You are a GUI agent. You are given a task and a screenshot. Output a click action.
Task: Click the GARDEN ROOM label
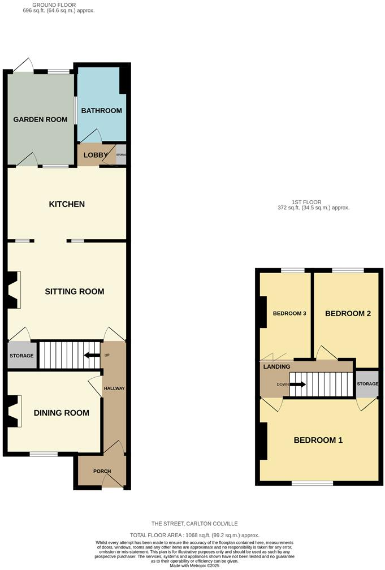[x=41, y=119]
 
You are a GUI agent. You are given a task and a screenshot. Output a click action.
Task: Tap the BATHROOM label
[x=101, y=110]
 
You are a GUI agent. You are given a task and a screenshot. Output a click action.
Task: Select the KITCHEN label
[x=67, y=204]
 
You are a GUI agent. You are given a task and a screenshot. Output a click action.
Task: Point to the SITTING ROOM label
[x=75, y=291]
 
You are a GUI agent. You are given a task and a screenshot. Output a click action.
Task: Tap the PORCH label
[x=102, y=471]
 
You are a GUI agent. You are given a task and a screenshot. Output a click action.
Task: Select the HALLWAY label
[x=114, y=388]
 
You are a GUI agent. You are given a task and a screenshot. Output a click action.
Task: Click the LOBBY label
[x=96, y=155]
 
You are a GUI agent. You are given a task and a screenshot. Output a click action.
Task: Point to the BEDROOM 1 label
[x=318, y=440]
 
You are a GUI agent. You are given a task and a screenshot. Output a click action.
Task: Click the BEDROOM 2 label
[x=348, y=313]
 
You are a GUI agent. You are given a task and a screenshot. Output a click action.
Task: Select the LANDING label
[x=277, y=366]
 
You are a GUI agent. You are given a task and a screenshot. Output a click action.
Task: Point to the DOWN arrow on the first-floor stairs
[x=297, y=385]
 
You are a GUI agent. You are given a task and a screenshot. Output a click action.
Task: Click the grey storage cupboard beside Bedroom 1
[x=366, y=385]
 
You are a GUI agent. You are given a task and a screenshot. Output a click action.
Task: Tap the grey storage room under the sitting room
[x=21, y=356]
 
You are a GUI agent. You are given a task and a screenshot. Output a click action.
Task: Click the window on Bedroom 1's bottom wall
[x=312, y=483]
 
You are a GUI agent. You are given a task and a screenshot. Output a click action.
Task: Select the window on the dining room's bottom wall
[x=44, y=454]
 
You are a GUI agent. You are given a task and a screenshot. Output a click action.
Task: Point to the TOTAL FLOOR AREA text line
[x=194, y=534]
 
